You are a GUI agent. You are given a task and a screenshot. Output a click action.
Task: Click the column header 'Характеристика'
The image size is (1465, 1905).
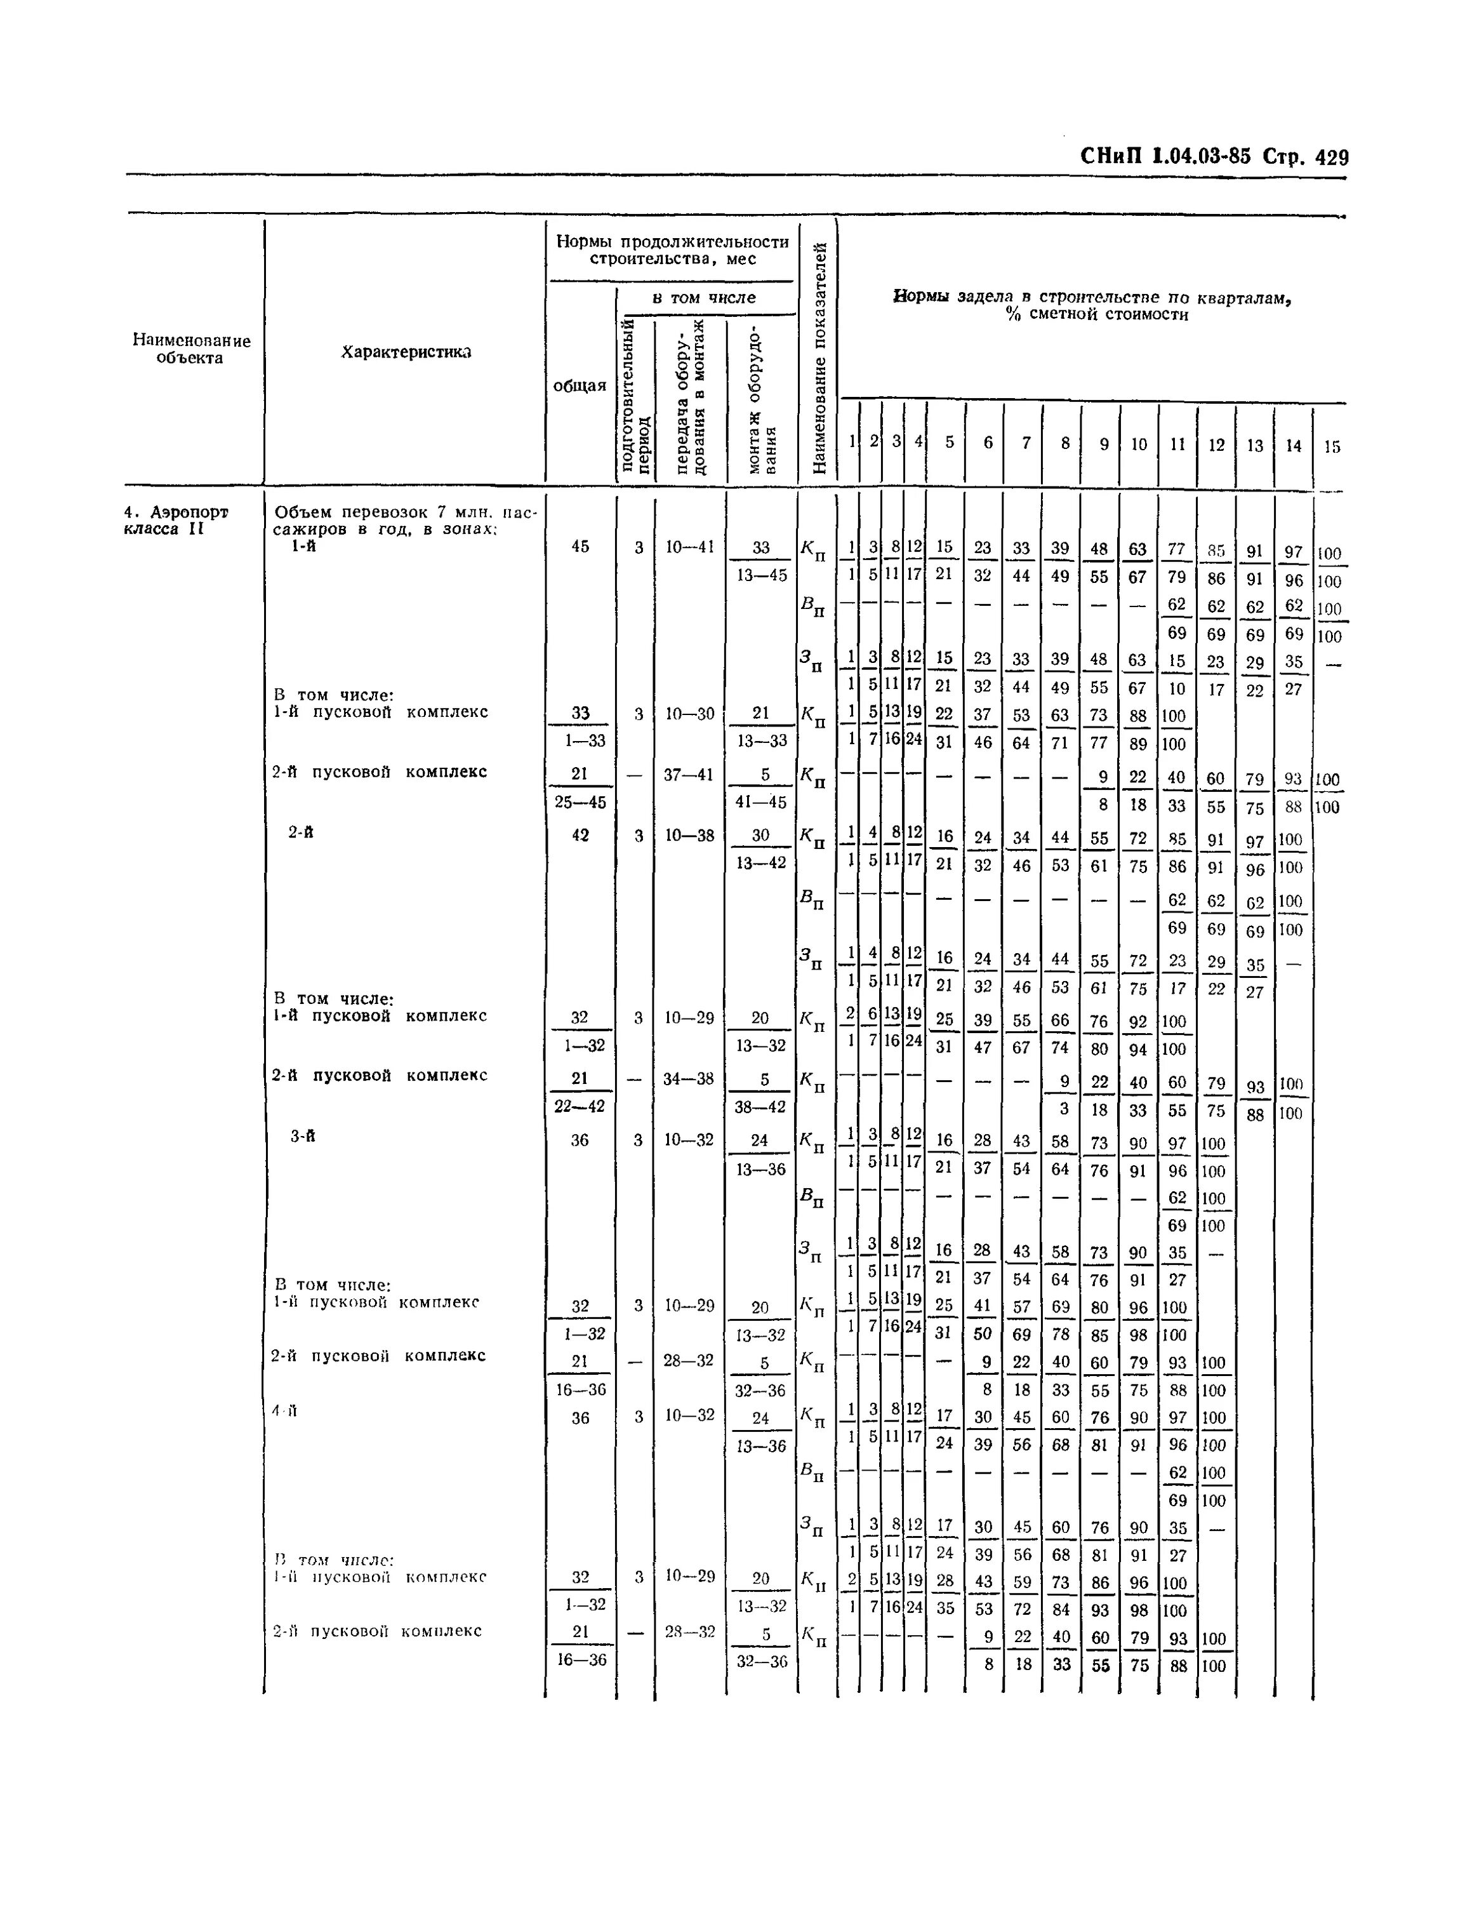[406, 352]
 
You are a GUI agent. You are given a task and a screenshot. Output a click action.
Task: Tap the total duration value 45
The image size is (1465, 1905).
[580, 546]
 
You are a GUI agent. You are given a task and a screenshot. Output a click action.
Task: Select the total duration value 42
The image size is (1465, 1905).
[580, 835]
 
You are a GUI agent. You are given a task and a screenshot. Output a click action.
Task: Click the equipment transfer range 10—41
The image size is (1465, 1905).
[689, 547]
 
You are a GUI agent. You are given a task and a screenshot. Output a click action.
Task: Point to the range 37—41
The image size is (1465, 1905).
[689, 773]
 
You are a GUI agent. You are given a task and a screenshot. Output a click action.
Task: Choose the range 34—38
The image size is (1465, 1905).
[689, 1078]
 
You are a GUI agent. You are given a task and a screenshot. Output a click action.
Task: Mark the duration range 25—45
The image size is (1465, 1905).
[580, 801]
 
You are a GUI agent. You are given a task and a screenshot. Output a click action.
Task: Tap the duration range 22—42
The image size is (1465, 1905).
[580, 1106]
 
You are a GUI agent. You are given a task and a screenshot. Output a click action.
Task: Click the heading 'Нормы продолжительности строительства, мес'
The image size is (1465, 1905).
[672, 250]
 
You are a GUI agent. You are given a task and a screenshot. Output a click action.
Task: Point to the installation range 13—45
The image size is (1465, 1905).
[761, 575]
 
